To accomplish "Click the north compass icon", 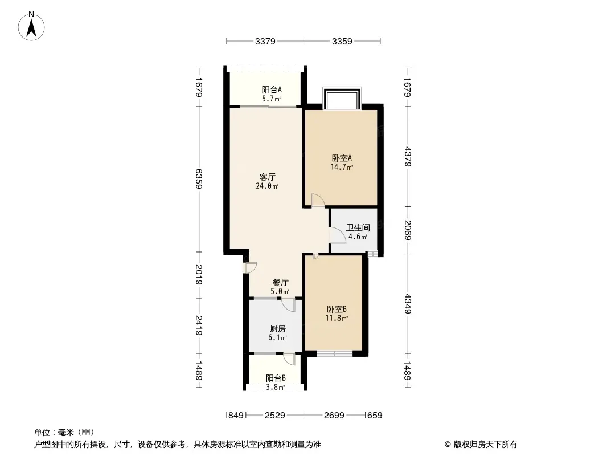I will [x=33, y=26].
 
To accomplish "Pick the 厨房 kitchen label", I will [x=277, y=329].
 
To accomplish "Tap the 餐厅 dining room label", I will [x=280, y=282].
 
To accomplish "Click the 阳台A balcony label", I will [x=272, y=90].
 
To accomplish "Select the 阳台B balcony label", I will [x=276, y=378].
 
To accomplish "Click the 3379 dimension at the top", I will [x=265, y=41].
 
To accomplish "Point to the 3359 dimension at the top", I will [x=342, y=41].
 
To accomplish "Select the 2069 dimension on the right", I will [x=408, y=230].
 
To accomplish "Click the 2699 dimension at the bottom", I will [x=334, y=416].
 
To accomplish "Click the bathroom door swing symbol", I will [x=338, y=235].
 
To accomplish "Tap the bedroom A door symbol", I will [x=318, y=199].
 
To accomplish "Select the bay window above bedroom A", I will [x=342, y=98].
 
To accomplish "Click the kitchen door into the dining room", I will [x=288, y=306].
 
